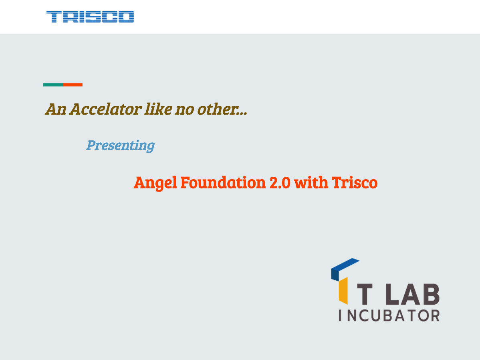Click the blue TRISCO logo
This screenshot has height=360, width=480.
(x=90, y=17)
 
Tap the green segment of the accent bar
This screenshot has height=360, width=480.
(x=53, y=85)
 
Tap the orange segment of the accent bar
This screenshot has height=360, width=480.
(x=73, y=85)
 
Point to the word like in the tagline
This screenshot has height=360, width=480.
(x=153, y=109)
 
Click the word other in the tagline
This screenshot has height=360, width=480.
(x=216, y=109)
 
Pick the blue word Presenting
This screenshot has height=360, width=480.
(x=121, y=145)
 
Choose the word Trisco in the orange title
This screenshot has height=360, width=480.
(x=354, y=182)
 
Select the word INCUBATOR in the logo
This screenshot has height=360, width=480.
(x=389, y=315)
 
